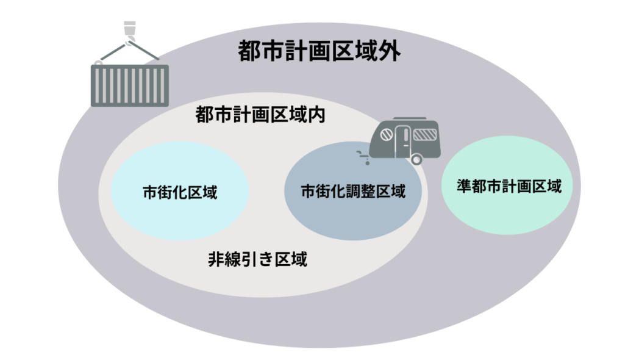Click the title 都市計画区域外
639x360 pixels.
[319, 52]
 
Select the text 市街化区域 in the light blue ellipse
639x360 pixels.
[180, 192]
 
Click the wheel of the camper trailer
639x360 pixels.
[416, 160]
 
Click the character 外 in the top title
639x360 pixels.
[390, 52]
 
